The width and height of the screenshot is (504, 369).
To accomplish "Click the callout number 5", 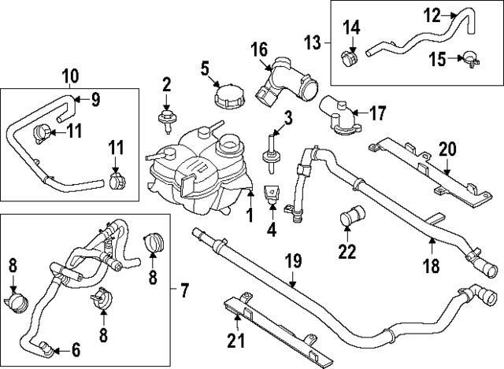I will [x=205, y=68].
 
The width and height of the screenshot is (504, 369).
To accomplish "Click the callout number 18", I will [x=432, y=267].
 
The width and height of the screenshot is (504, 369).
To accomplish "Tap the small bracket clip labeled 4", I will [x=272, y=197].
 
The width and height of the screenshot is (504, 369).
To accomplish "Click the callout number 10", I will [x=70, y=76].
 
